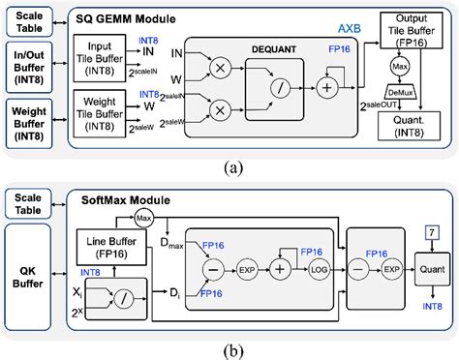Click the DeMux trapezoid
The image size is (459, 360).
(399, 93)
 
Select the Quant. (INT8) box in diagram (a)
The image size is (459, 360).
(410, 127)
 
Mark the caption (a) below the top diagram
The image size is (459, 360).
(230, 165)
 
